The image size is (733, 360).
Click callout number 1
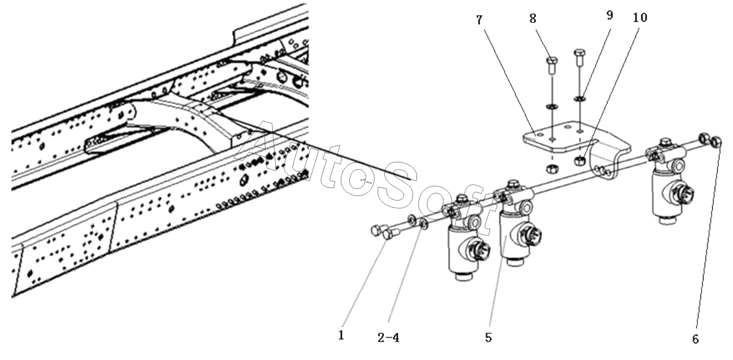click(x=341, y=335)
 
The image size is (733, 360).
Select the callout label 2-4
click(x=389, y=338)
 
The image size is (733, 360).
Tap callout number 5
click(x=488, y=338)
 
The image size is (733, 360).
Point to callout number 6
click(x=695, y=339)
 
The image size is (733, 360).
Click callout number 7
click(x=479, y=20)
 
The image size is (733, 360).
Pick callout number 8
click(x=533, y=19)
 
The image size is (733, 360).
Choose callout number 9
click(x=609, y=15)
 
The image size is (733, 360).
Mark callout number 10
click(x=640, y=17)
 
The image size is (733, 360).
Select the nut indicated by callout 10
click(x=580, y=160)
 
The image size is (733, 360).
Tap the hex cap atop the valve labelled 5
click(x=512, y=184)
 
